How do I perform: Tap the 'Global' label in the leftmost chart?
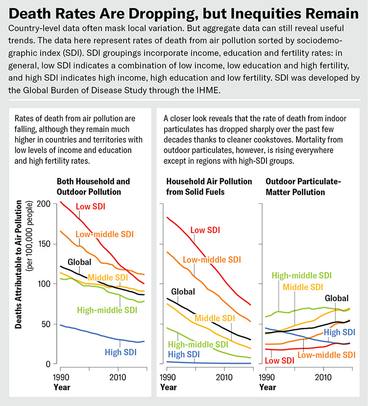[x=79, y=262]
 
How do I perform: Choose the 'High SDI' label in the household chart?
[x=184, y=354]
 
